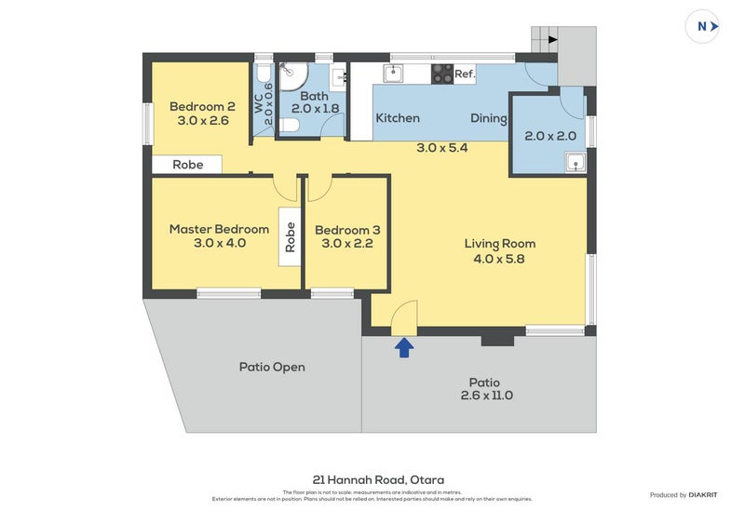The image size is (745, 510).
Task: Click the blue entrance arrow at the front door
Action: pyautogui.click(x=404, y=347)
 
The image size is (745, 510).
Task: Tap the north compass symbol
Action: pyautogui.click(x=704, y=26)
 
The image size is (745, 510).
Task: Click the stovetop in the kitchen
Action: pyautogui.click(x=441, y=74)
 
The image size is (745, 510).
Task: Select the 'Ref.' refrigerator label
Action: pyautogui.click(x=465, y=74)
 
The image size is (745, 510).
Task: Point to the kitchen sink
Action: pyautogui.click(x=393, y=73)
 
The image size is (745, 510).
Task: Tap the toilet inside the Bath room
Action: pyautogui.click(x=290, y=125)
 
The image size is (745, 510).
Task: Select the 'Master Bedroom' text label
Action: pyautogui.click(x=219, y=229)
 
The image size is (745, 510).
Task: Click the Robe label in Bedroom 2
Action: pyautogui.click(x=187, y=165)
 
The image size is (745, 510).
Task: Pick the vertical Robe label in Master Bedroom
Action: pyautogui.click(x=291, y=237)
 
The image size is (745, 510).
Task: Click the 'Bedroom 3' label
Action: pyautogui.click(x=346, y=230)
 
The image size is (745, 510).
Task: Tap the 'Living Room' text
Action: pyautogui.click(x=500, y=244)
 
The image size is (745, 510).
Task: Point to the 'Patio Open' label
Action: pyautogui.click(x=272, y=367)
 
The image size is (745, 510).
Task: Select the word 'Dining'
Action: pyautogui.click(x=488, y=118)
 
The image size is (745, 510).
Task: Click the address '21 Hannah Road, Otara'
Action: pyautogui.click(x=372, y=480)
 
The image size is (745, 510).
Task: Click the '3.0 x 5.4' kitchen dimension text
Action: pyautogui.click(x=441, y=147)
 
